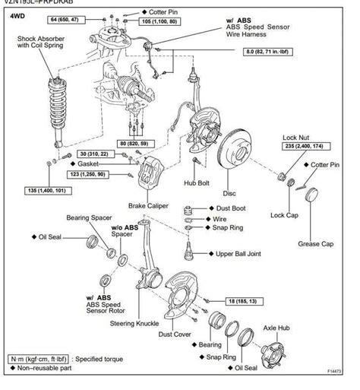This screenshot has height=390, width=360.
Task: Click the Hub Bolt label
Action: tap(197, 183)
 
